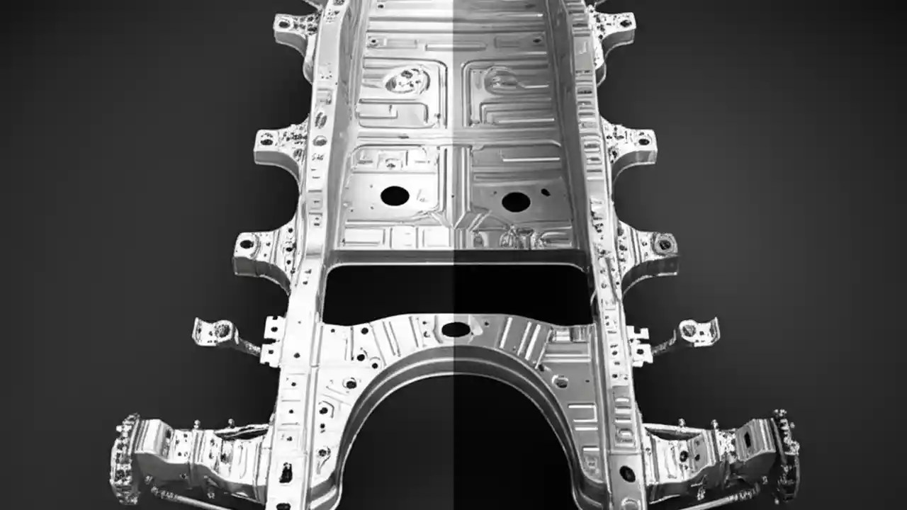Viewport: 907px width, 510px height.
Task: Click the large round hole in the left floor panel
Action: (395, 195)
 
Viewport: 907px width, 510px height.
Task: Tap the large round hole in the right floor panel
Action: (516, 202)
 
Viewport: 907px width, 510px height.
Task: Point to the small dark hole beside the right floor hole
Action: (545, 191)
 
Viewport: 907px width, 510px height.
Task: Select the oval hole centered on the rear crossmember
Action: (456, 329)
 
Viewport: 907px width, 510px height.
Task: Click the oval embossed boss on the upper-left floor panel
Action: (407, 80)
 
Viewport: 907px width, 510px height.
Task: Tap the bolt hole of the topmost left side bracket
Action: (286, 23)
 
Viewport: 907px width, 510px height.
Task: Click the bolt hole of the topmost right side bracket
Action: (624, 23)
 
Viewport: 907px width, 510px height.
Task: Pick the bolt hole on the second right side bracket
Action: (643, 140)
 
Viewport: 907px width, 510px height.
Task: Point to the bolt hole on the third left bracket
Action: (247, 244)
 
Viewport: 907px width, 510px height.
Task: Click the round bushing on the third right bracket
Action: (664, 244)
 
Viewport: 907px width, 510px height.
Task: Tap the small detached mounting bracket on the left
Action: (220, 331)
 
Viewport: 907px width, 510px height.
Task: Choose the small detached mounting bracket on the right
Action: (691, 330)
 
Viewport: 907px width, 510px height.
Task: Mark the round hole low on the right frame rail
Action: (627, 473)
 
